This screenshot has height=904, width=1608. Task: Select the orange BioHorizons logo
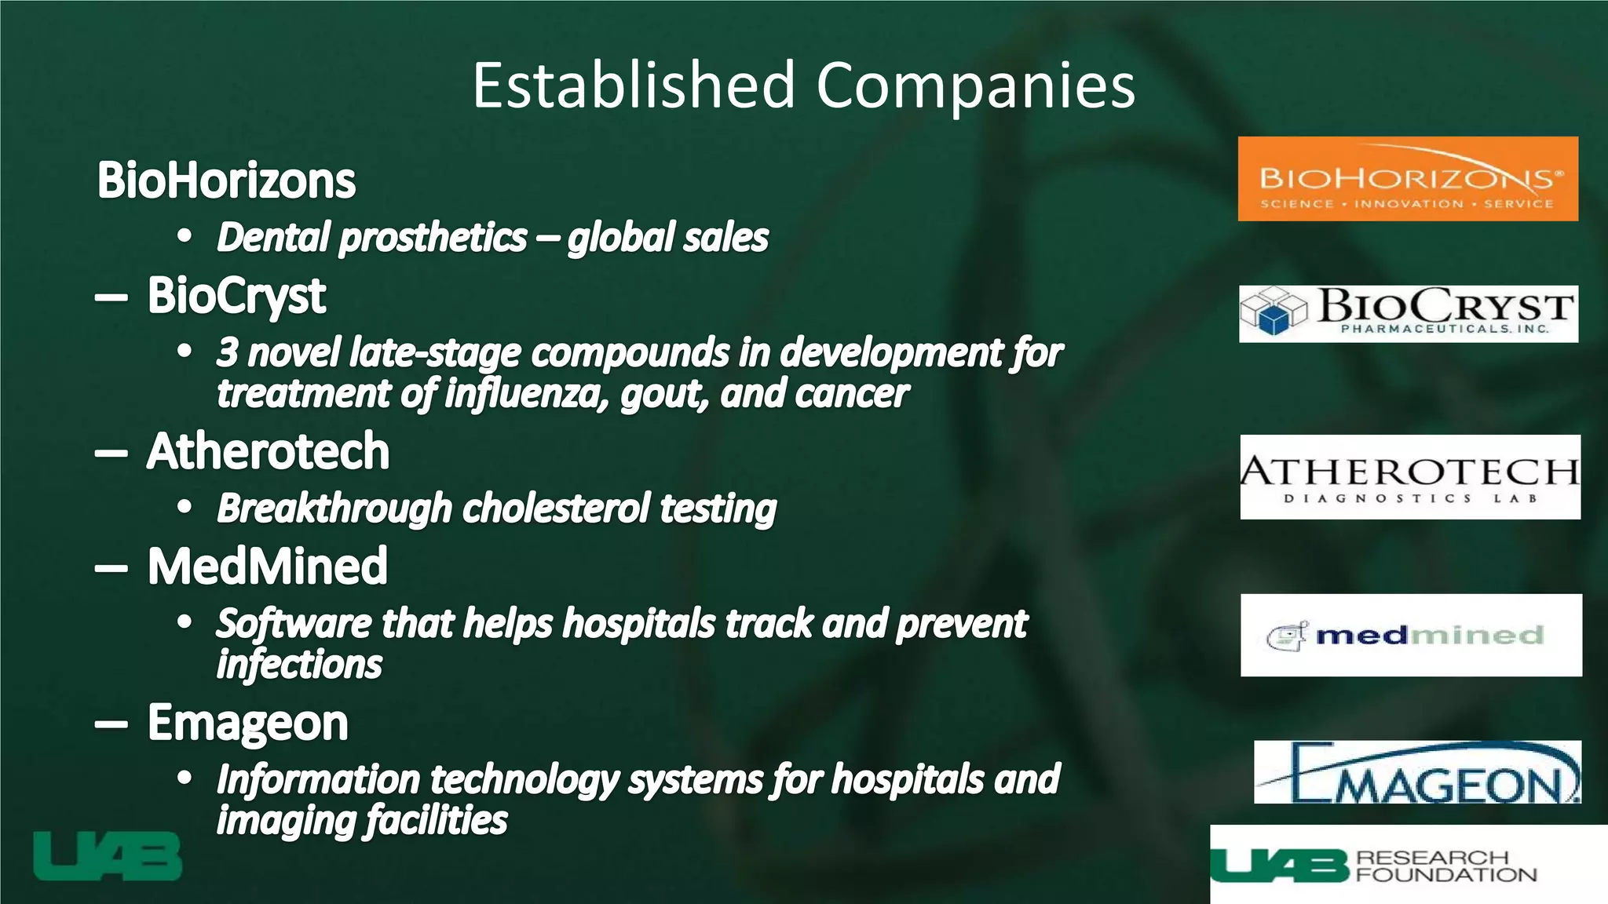[x=1408, y=179]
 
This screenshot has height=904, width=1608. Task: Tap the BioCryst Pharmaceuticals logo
[x=1409, y=314]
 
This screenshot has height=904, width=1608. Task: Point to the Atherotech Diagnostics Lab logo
[x=1410, y=476]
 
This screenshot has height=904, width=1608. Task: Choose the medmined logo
[x=1411, y=635]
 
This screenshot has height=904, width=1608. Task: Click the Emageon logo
[x=1417, y=772]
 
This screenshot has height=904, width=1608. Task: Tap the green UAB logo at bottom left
[x=108, y=856]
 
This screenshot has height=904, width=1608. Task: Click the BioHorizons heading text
[x=226, y=180]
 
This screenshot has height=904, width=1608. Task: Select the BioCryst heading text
[x=236, y=296]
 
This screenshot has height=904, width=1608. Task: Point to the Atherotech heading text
[x=268, y=452]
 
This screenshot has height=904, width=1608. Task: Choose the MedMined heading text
[x=268, y=566]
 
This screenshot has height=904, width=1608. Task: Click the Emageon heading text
[x=247, y=723]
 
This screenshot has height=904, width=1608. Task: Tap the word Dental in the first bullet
[x=272, y=238]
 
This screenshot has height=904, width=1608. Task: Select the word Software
[x=294, y=624]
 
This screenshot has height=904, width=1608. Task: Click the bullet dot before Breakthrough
[x=185, y=508]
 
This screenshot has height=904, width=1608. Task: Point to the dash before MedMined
[x=111, y=567]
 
